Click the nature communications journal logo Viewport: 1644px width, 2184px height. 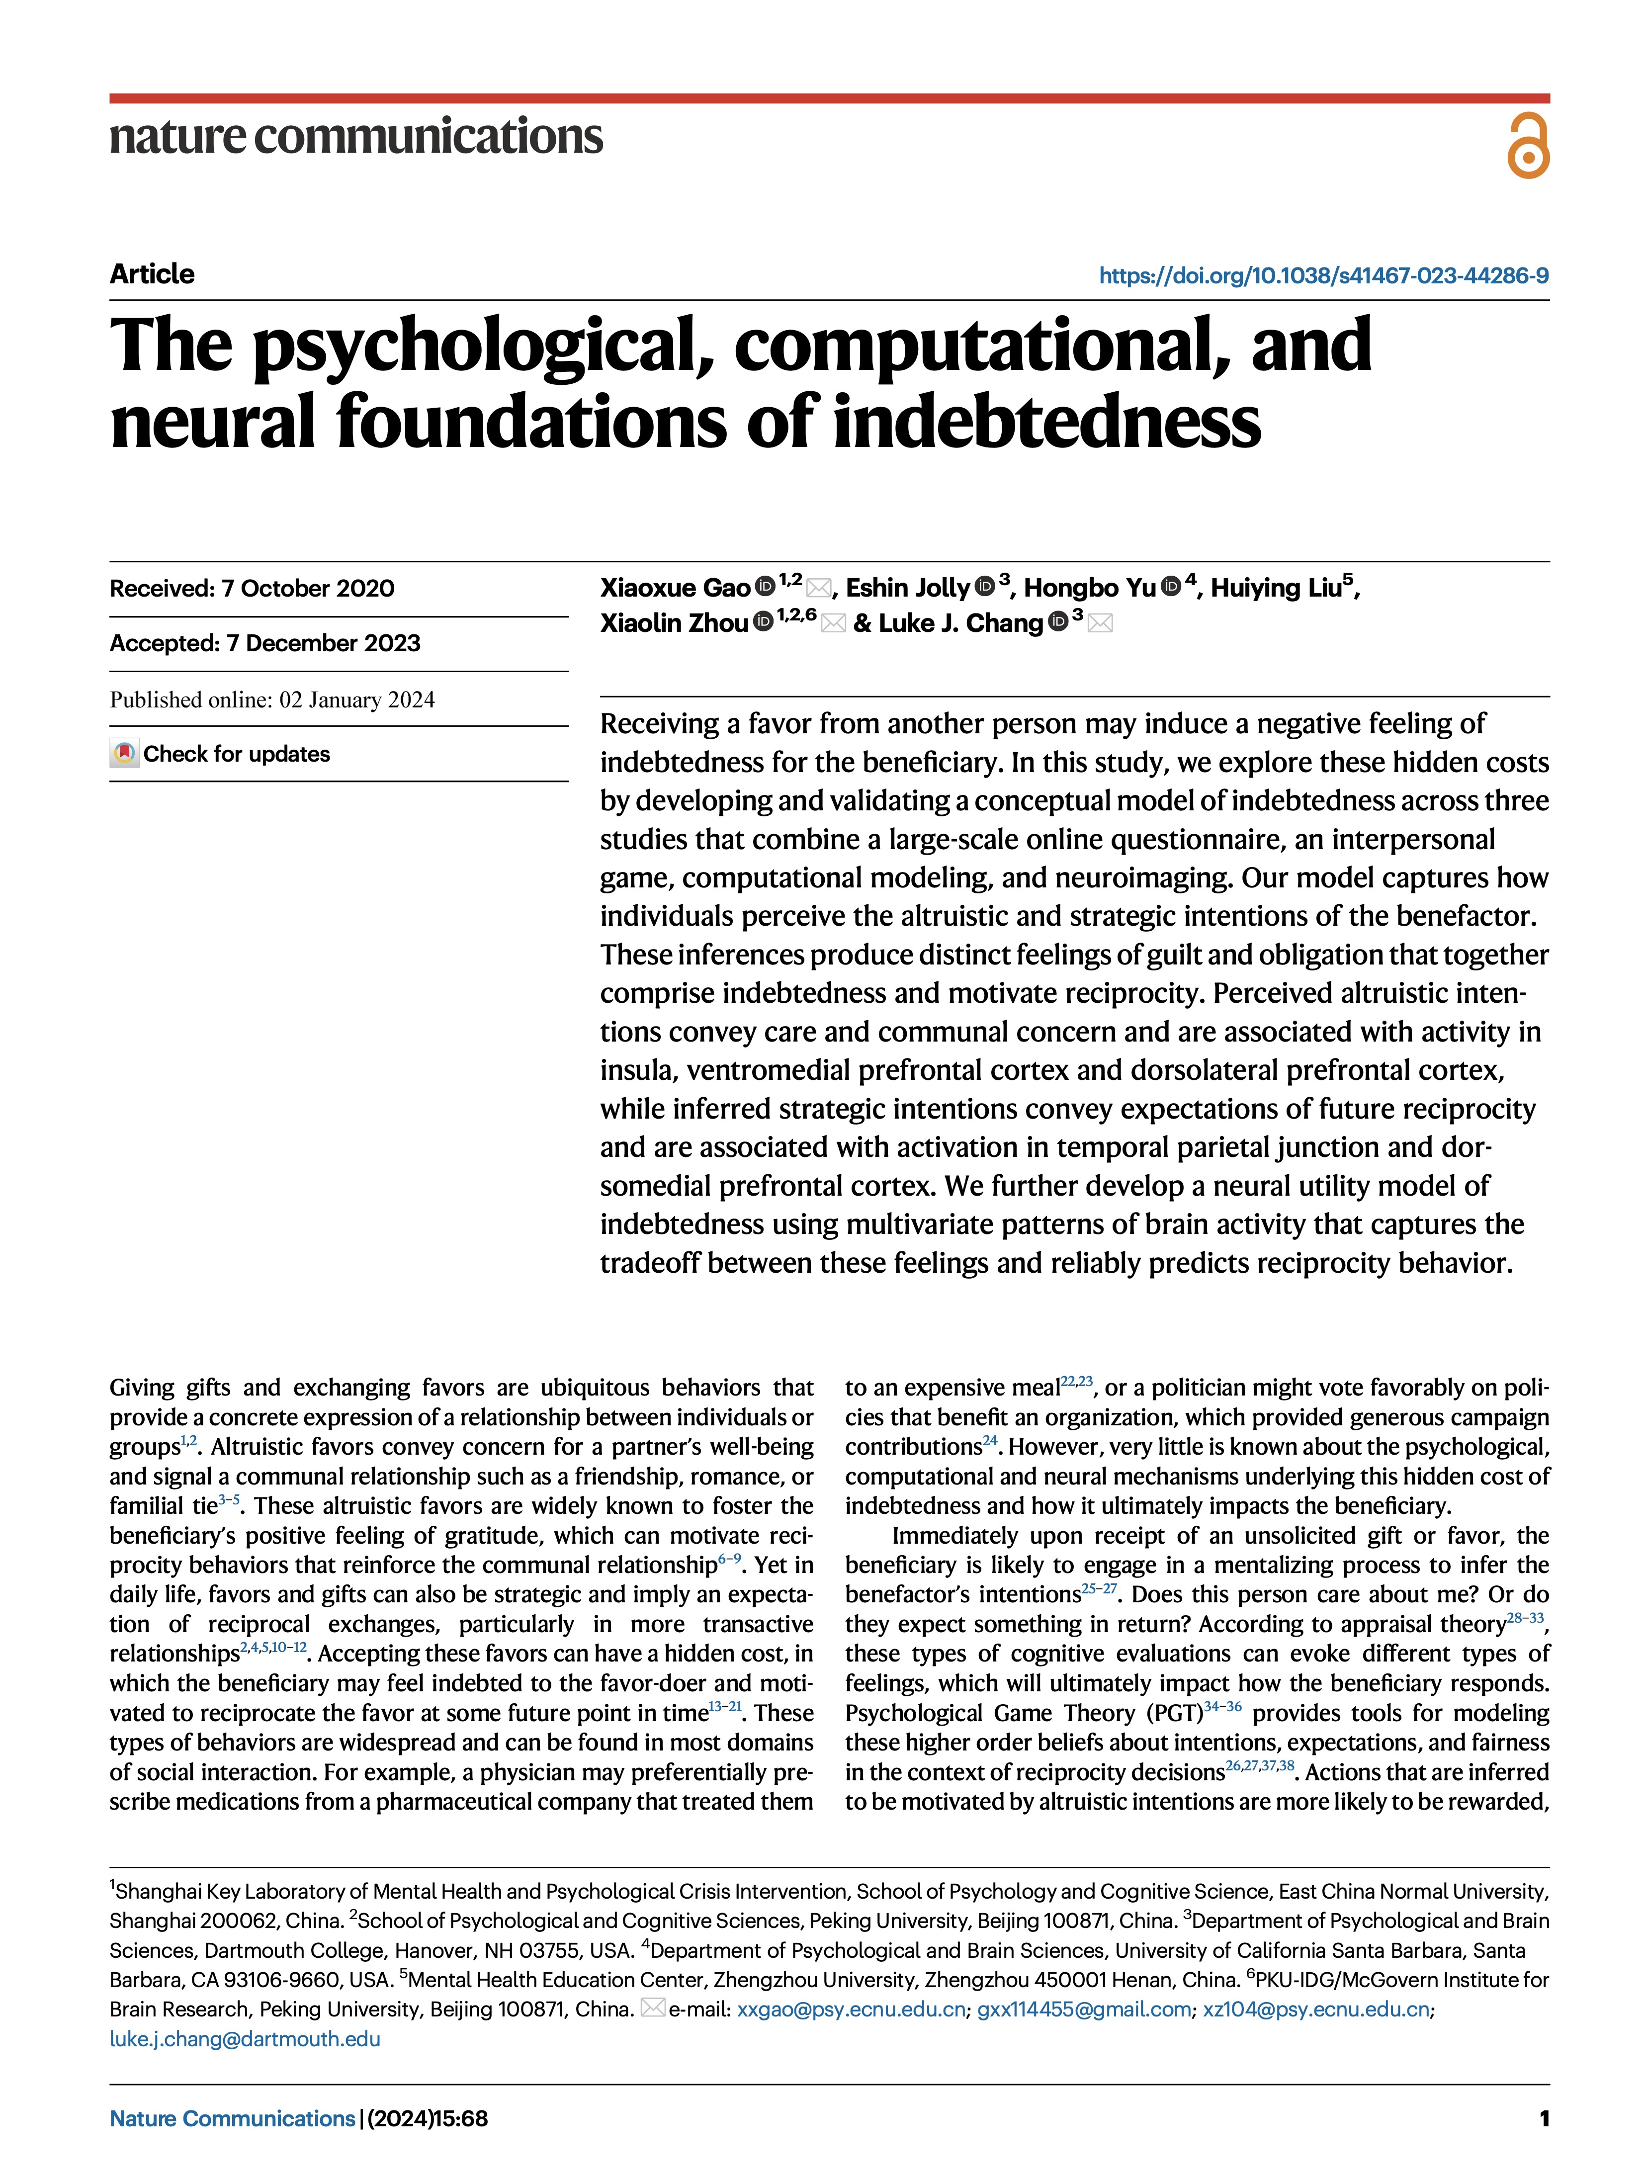(355, 136)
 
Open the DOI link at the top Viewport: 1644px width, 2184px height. (1323, 275)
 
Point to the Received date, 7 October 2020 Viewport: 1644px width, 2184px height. (252, 589)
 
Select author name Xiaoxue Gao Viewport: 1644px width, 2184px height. (676, 589)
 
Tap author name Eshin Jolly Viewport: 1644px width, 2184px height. (907, 589)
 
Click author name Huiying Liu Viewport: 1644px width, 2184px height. (1276, 589)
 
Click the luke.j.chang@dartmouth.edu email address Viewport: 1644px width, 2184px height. (245, 2039)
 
